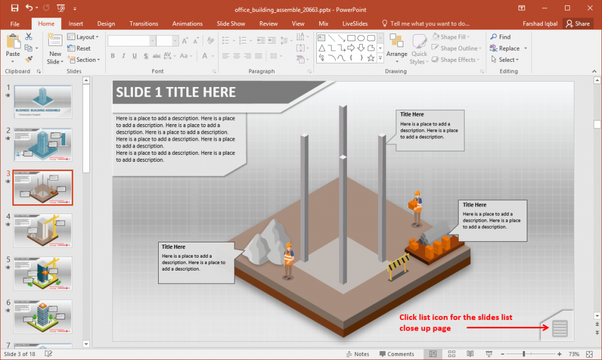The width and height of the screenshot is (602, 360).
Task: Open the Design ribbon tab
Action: point(106,24)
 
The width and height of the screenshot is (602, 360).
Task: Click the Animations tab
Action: point(187,24)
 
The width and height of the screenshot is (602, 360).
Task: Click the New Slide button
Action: point(55,49)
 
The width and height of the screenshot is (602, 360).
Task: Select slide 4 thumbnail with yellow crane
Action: point(43,230)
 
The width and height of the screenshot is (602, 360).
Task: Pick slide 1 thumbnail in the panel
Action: point(43,102)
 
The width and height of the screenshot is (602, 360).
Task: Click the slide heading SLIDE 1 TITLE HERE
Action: point(176,92)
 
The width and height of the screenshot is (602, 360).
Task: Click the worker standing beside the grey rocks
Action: point(288,260)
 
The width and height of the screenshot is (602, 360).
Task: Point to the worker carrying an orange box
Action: point(417,208)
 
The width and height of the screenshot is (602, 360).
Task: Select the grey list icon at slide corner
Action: point(560,328)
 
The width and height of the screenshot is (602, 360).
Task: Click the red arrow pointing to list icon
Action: point(500,328)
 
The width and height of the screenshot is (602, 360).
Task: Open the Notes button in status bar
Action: point(357,354)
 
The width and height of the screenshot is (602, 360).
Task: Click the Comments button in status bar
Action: point(397,354)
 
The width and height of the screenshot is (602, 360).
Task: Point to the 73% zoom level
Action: point(574,354)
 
